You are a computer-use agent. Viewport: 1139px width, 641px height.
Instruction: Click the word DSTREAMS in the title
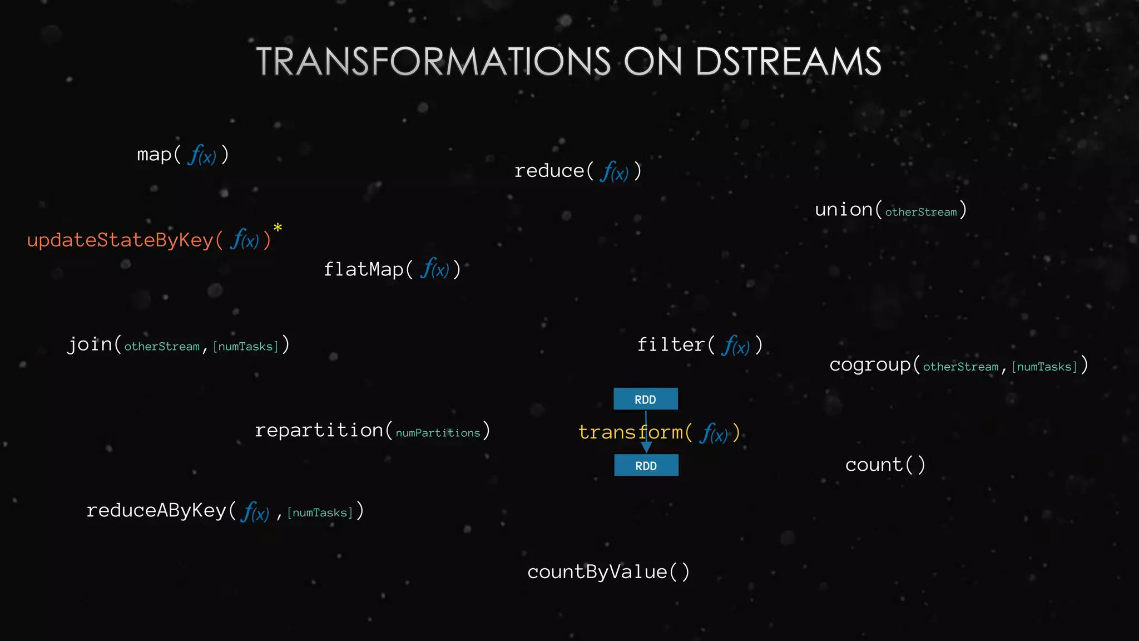pos(788,61)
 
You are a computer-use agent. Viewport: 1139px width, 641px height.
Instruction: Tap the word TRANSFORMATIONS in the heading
pos(433,61)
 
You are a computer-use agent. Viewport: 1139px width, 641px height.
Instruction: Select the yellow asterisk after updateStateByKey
pos(278,228)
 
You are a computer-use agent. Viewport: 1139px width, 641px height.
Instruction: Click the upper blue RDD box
pos(645,399)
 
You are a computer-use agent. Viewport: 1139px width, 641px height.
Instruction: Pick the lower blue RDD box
pos(646,465)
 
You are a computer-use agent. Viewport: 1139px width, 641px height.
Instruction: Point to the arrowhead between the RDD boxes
pos(646,447)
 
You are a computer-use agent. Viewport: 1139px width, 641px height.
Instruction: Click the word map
pos(154,155)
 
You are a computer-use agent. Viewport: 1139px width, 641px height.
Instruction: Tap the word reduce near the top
pos(549,171)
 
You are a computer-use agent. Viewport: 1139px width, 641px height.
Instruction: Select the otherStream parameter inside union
pos(920,212)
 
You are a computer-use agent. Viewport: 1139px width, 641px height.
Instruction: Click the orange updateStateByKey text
pos(120,240)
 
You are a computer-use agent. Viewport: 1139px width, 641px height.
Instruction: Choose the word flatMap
pos(363,270)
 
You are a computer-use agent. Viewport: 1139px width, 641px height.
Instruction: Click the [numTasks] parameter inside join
pos(245,347)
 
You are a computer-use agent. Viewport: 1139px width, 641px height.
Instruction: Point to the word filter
pos(671,345)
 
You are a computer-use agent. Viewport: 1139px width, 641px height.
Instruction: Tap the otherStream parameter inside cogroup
pos(960,367)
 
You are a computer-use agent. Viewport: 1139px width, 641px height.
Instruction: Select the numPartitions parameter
pos(438,433)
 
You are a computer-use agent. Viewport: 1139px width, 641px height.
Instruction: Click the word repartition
pos(319,430)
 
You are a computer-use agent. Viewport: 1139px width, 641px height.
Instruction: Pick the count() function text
pos(885,465)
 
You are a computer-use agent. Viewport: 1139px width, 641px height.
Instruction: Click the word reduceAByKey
pos(156,510)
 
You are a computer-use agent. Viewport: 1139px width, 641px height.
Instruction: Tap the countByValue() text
pos(608,572)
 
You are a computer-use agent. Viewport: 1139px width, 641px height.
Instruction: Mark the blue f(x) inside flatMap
pos(434,269)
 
